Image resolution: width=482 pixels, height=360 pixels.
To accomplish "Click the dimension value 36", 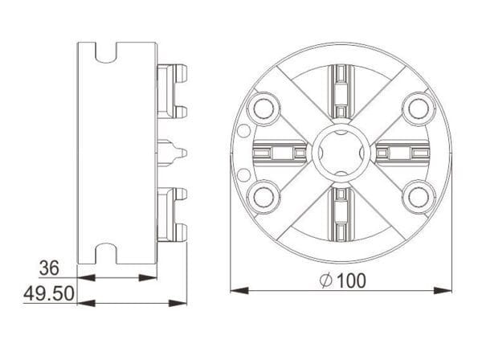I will pos(51,268).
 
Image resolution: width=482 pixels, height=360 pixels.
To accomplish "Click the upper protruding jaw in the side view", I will pos(174,89).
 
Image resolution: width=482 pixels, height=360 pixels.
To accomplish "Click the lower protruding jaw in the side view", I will pos(174,214).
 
